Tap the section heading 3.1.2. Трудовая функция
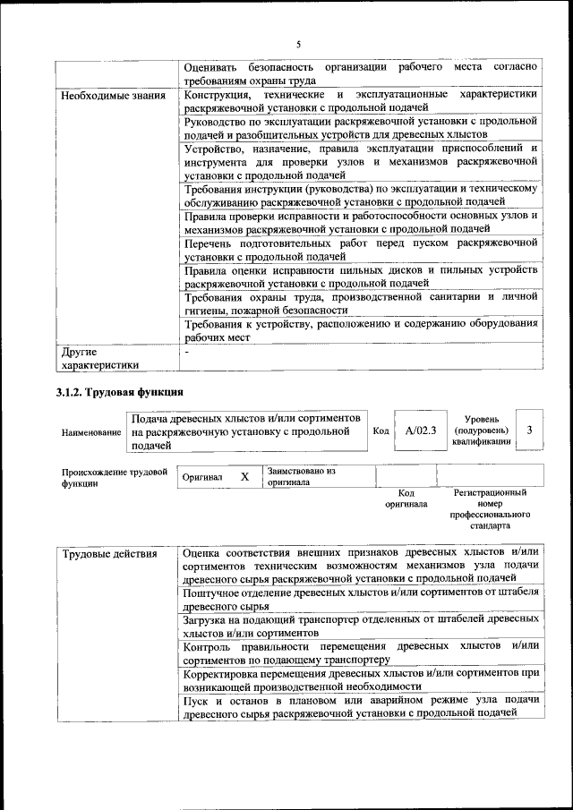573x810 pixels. (x=120, y=393)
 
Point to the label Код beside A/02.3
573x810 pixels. (x=381, y=431)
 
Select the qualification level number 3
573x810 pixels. (x=530, y=431)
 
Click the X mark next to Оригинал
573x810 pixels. (x=244, y=477)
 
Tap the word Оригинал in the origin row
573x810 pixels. (x=201, y=478)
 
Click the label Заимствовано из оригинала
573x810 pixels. (x=300, y=475)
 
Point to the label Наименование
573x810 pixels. (x=91, y=432)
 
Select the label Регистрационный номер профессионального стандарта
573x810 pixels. (x=490, y=509)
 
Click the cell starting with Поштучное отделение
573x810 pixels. (x=360, y=599)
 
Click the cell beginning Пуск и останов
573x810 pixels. (x=360, y=705)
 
